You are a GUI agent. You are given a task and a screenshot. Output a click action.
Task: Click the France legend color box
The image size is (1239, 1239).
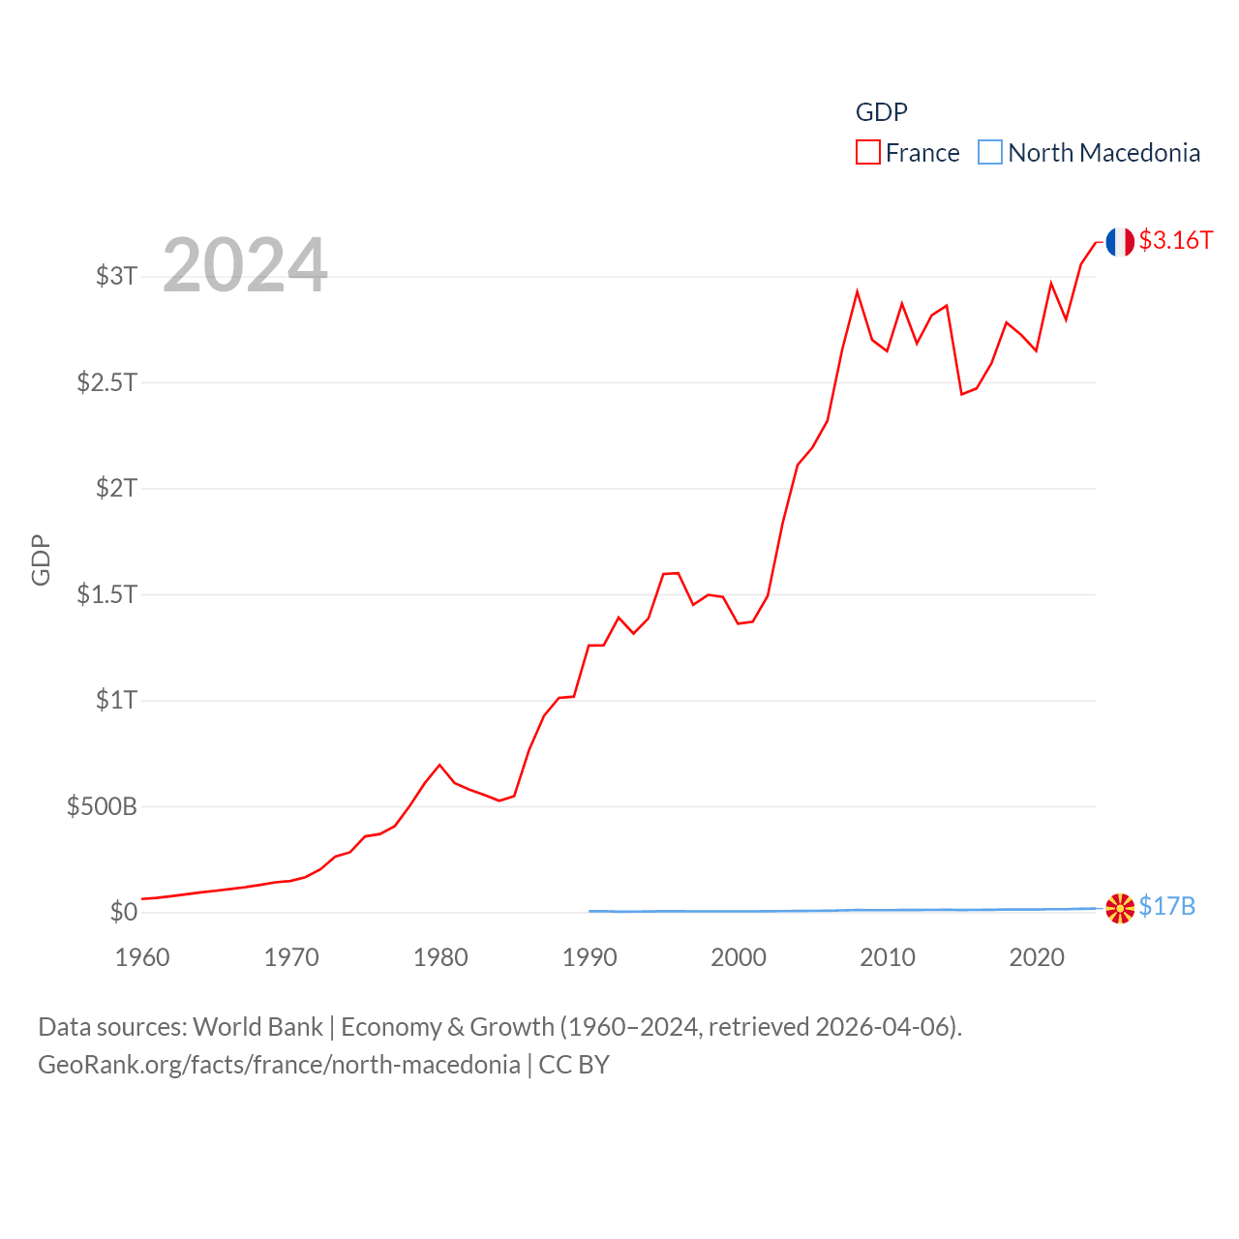[x=867, y=153]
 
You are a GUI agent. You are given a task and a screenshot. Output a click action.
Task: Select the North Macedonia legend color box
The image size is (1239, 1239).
[x=989, y=153]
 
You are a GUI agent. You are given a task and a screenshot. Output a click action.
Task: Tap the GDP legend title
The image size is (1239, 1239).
[x=881, y=112]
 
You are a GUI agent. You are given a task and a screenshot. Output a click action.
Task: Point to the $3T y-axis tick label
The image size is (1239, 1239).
[x=116, y=276]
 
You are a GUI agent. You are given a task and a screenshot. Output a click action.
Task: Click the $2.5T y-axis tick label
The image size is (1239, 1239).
[x=106, y=382]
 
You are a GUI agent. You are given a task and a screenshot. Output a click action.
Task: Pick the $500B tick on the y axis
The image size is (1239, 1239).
[x=102, y=806]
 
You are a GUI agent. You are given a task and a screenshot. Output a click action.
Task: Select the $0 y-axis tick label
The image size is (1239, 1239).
[x=124, y=912]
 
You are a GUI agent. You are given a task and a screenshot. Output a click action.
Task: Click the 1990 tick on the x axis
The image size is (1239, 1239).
[x=589, y=957]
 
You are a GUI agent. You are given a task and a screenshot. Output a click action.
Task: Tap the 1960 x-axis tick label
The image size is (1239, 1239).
[x=142, y=957]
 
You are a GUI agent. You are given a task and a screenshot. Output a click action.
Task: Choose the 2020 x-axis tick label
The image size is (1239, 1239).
[x=1036, y=957]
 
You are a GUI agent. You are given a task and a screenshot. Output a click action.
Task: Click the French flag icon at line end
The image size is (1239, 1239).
[x=1120, y=242]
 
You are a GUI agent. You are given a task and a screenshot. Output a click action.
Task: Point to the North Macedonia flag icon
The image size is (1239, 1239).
[x=1120, y=908]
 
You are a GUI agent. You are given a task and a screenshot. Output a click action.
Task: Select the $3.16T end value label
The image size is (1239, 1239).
[x=1175, y=240]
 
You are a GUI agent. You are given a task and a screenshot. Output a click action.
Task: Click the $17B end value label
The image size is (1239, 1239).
[x=1166, y=906]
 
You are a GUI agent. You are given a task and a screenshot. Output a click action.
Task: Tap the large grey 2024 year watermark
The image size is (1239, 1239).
[x=245, y=264]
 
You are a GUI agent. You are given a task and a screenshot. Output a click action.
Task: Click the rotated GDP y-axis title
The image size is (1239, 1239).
[x=41, y=559]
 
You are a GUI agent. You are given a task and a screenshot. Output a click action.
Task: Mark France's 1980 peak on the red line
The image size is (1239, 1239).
[x=439, y=765]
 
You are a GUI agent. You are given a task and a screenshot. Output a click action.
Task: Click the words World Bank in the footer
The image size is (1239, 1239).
[x=257, y=1026]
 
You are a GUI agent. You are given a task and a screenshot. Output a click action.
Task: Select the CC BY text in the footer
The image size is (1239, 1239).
[x=574, y=1065]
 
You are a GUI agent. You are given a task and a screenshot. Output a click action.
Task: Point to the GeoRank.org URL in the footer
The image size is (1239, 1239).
[x=279, y=1065]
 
